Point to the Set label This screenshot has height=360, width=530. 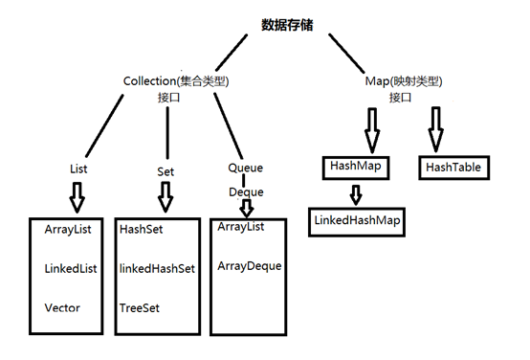(x=166, y=171)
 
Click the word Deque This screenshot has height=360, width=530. (x=245, y=191)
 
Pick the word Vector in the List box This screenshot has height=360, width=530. (x=61, y=307)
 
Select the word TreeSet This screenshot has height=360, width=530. (x=141, y=307)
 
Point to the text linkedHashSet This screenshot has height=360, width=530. (x=158, y=269)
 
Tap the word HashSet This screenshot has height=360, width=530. (x=142, y=231)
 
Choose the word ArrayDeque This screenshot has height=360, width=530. (x=250, y=265)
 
